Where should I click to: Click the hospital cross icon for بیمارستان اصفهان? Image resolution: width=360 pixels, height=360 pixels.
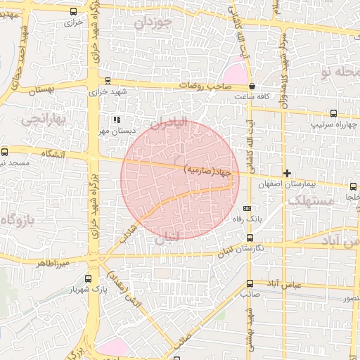(287, 173)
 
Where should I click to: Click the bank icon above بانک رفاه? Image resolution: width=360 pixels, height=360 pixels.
(247, 209)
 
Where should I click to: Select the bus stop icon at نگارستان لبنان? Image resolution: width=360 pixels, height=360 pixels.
(250, 237)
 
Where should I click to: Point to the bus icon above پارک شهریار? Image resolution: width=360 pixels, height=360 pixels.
(88, 279)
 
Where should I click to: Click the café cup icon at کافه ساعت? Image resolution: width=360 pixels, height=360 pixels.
(252, 86)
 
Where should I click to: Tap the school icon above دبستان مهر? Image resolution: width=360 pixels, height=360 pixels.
(117, 120)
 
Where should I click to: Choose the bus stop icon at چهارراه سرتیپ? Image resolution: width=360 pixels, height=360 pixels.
(333, 113)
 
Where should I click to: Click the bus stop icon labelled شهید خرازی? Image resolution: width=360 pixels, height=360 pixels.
(108, 81)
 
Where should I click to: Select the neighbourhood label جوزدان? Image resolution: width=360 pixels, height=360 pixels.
(153, 22)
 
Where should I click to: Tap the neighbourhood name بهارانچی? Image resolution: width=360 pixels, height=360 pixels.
(42, 120)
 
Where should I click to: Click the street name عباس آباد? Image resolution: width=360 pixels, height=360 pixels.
(281, 284)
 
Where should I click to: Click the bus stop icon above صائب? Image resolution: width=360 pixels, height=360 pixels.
(250, 284)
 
